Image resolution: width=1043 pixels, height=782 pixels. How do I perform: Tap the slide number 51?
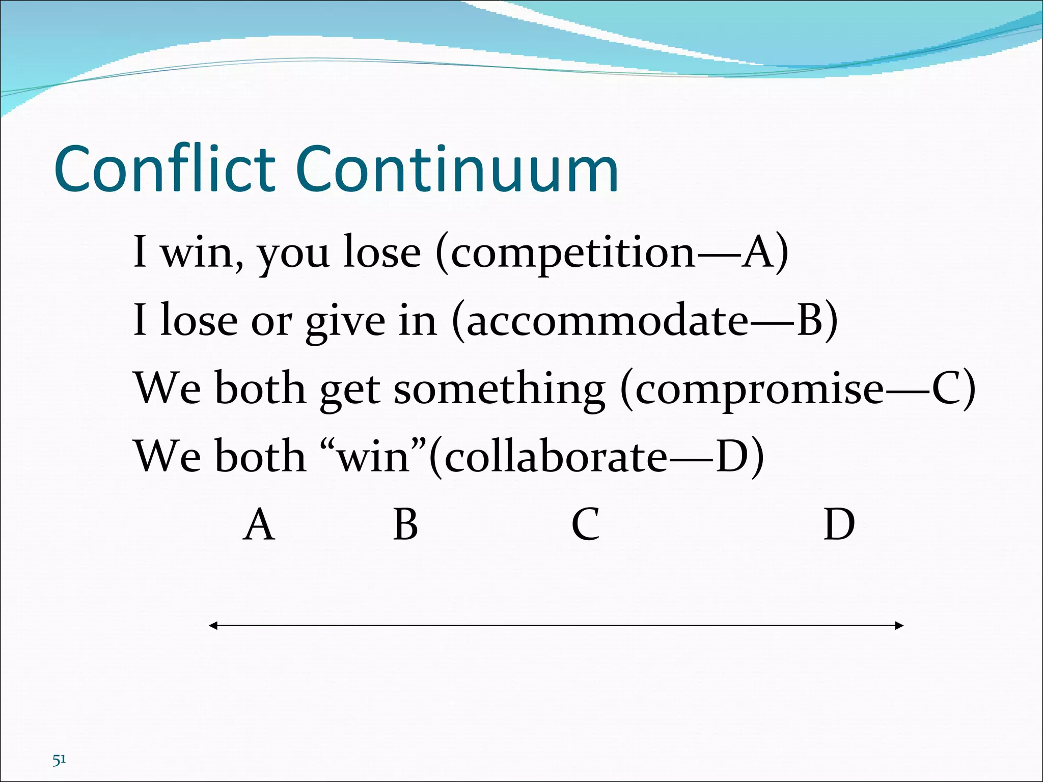click(x=59, y=760)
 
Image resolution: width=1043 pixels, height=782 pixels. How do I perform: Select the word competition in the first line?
click(x=573, y=253)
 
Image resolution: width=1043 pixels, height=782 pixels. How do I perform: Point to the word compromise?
click(x=759, y=389)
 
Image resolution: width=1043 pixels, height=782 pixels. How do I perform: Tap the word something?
click(x=500, y=389)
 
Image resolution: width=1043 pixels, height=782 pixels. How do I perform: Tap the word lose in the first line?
click(x=381, y=253)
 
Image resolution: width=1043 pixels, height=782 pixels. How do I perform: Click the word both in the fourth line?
click(x=260, y=456)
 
